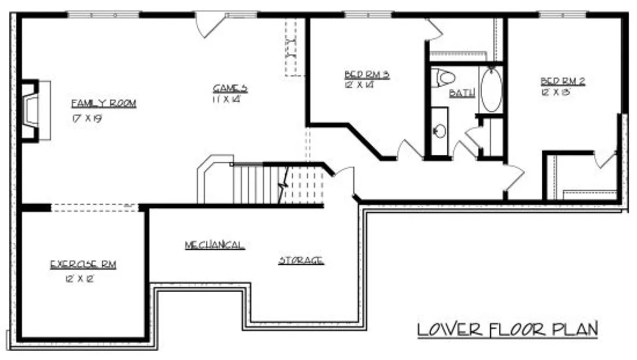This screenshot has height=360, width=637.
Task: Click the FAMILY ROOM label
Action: click(103, 104)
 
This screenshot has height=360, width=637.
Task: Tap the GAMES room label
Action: click(230, 88)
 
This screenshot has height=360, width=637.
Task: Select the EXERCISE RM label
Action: click(83, 265)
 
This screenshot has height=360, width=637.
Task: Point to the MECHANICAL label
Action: click(214, 245)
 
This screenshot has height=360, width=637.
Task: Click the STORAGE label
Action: click(301, 260)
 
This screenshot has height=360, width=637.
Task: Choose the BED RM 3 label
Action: click(367, 74)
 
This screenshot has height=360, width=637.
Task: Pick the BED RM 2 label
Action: click(562, 81)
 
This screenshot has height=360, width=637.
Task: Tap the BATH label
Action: click(462, 93)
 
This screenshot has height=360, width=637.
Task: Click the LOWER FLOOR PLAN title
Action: click(507, 329)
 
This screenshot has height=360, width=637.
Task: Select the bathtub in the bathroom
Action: click(491, 89)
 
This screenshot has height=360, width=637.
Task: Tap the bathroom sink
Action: click(440, 131)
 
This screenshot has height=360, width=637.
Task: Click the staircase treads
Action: click(255, 184)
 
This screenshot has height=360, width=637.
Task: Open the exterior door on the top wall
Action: click(209, 24)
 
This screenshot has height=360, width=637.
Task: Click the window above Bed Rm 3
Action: click(368, 15)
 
